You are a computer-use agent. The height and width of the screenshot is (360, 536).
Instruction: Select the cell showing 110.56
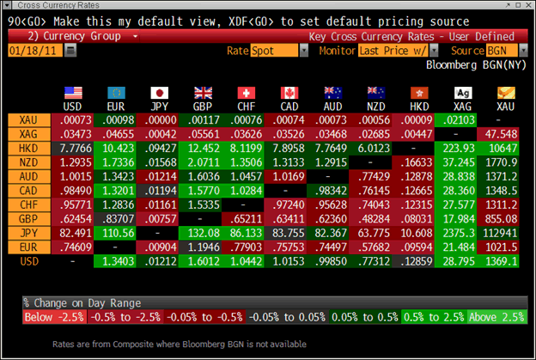pos(115,231)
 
